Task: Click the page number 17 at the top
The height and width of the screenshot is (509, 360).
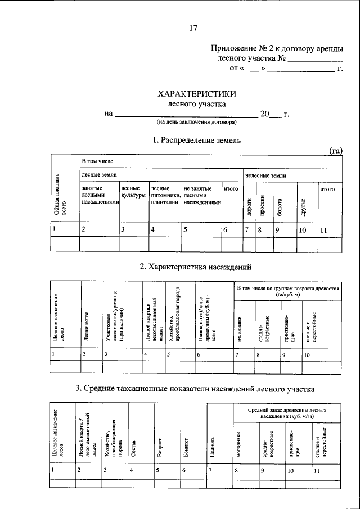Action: click(x=193, y=28)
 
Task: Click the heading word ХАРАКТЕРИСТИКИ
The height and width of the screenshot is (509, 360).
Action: click(x=197, y=94)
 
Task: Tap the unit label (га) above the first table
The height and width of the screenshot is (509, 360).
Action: click(x=335, y=150)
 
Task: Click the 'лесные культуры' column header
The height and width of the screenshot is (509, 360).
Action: click(x=133, y=193)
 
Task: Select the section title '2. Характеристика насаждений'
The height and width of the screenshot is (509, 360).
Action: click(x=195, y=266)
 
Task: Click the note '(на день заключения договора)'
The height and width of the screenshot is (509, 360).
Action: click(x=197, y=121)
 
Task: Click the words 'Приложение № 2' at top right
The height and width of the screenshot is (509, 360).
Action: click(x=237, y=49)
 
